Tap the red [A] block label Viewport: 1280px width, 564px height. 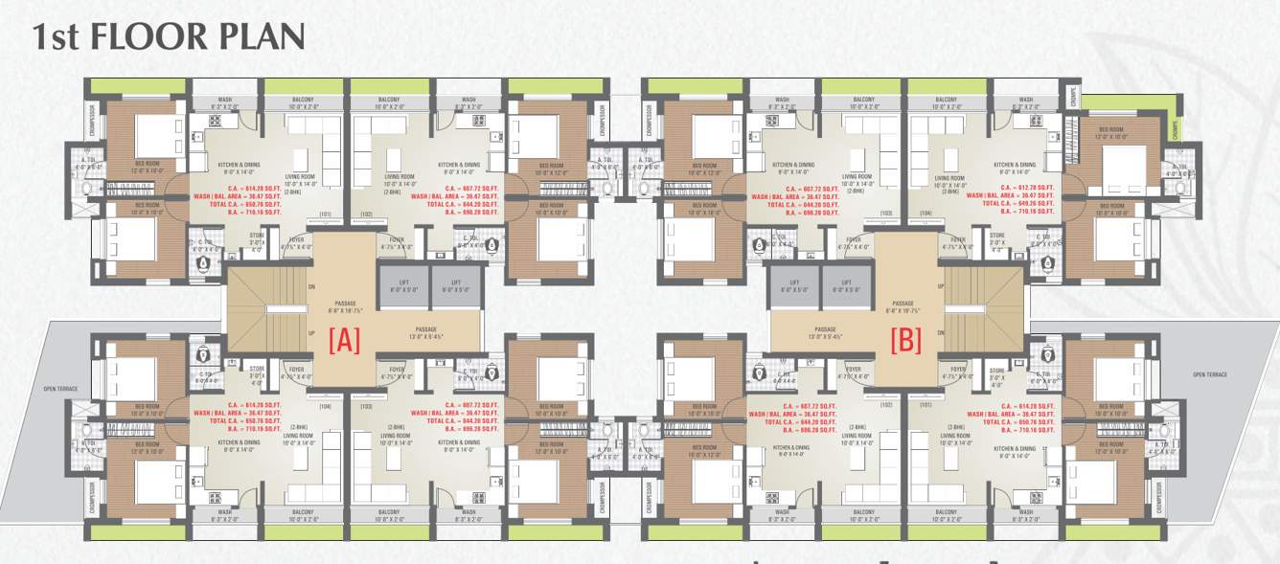344,341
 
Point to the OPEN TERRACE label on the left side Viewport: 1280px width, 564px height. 59,389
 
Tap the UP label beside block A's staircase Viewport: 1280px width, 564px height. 311,333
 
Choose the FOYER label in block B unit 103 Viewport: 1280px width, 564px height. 854,239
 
